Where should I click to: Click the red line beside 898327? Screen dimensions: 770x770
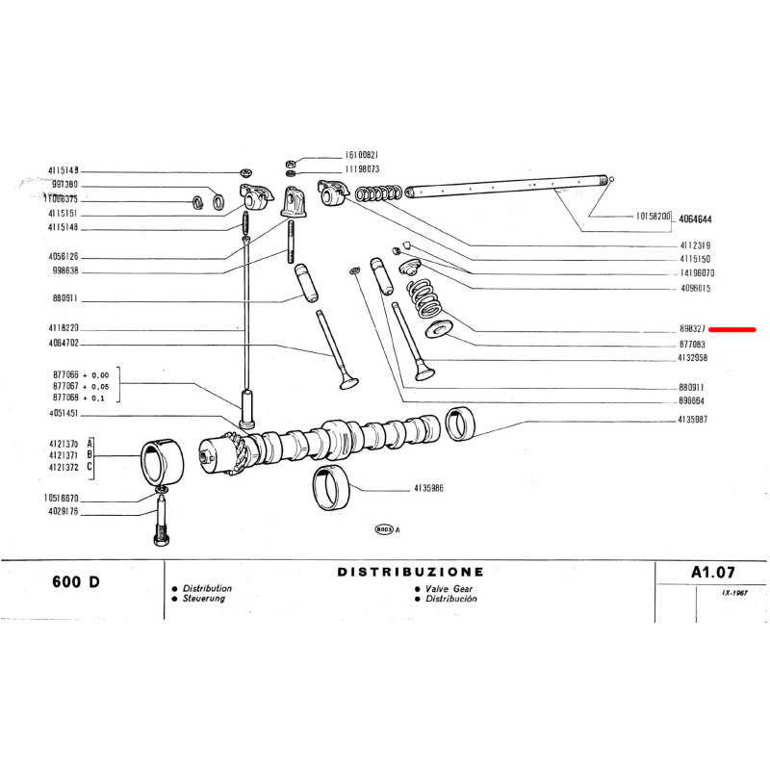[x=731, y=329]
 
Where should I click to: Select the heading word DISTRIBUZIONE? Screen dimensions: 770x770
[x=410, y=572]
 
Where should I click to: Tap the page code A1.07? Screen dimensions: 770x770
[x=713, y=571]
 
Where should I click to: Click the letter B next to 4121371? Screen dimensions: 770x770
[x=90, y=453]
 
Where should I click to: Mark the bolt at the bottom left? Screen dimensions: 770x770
[x=159, y=525]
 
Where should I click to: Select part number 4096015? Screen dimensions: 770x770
[x=695, y=288]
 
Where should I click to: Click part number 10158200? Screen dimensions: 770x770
[x=653, y=218]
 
